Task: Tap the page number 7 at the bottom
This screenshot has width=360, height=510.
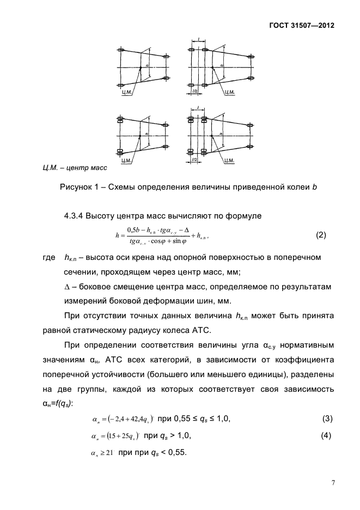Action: (x=332, y=482)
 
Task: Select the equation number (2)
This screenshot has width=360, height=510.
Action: (x=321, y=235)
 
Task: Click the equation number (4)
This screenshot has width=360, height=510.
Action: (x=327, y=437)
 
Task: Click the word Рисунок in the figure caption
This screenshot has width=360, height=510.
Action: (x=77, y=188)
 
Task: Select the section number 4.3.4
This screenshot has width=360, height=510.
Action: (x=76, y=216)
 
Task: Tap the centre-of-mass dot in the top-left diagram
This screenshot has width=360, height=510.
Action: (x=141, y=67)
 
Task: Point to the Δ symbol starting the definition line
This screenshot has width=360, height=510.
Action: (x=68, y=286)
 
